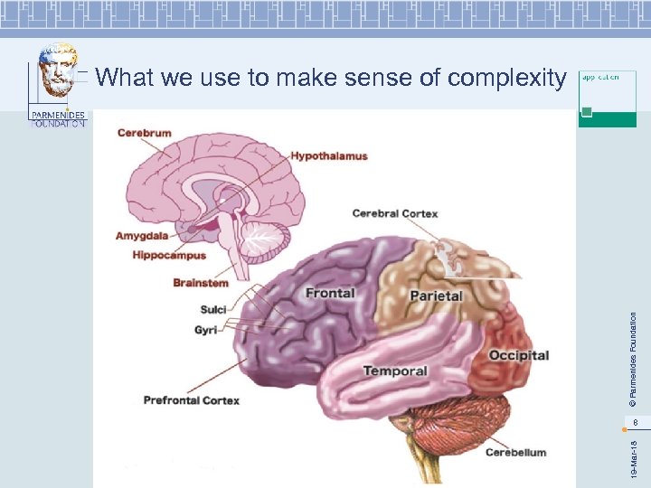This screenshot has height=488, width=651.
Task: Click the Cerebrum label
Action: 144,133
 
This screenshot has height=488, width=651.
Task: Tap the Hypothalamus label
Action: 329,156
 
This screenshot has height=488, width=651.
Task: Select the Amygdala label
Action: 142,236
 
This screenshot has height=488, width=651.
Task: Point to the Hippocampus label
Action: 169,256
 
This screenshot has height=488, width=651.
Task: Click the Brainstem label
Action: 201,283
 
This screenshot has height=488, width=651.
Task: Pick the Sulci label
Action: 213,310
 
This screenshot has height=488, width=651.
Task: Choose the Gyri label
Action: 205,330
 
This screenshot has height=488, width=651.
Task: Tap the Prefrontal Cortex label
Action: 191,400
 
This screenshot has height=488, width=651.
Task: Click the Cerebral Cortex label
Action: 395,213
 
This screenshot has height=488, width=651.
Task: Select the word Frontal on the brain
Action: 330,293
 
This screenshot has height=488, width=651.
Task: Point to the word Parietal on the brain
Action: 436,296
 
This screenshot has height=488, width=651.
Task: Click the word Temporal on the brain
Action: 395,371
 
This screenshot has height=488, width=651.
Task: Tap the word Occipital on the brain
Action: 519,355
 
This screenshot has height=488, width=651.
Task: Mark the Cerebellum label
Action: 515,452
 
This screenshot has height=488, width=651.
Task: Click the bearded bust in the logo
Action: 59,72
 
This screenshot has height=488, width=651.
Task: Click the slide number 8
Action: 636,422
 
